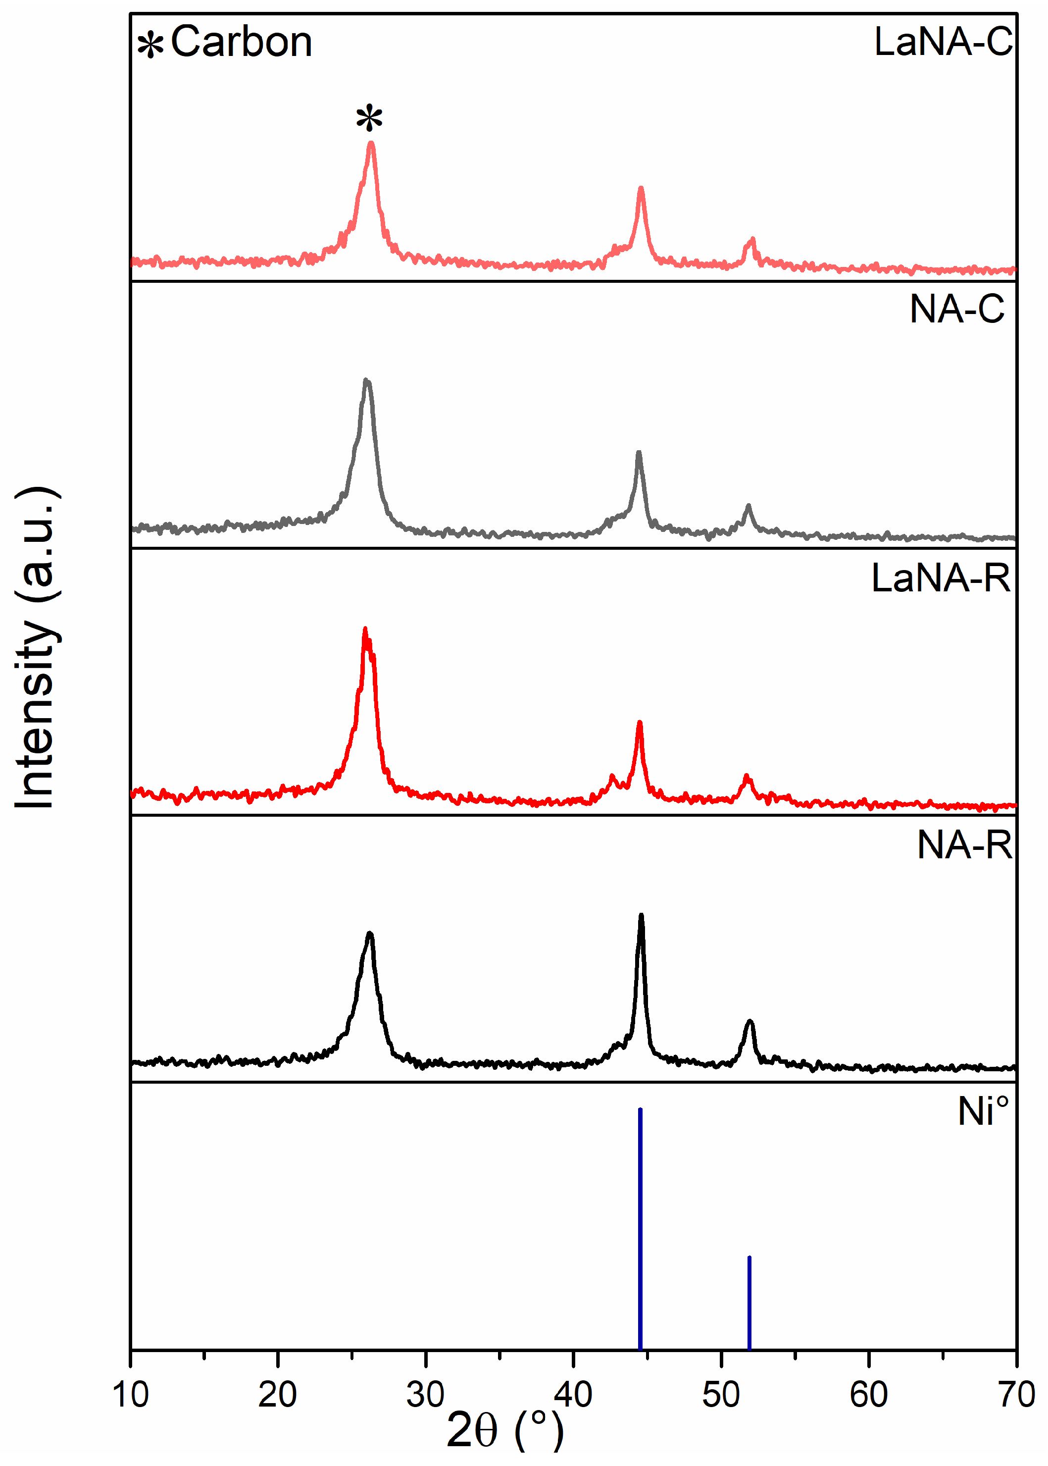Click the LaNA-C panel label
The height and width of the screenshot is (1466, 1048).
pos(943,42)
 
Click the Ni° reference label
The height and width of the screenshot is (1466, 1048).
pos(982,1111)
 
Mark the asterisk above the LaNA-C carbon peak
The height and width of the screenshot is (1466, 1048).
pos(369,119)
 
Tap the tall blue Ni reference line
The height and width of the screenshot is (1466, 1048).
pos(640,1226)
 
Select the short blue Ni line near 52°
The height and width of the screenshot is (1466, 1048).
pos(749,1304)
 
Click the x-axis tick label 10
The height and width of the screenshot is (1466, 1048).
pos(130,1394)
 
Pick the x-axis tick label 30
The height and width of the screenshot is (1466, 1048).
pos(425,1394)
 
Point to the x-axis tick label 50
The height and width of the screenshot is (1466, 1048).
pos(721,1394)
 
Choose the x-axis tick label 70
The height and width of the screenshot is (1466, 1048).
pos(1016,1394)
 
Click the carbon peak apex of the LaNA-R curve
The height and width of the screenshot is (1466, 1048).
pos(365,629)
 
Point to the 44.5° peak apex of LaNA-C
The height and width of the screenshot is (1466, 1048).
pos(641,189)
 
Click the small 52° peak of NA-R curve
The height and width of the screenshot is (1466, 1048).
pos(749,1022)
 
